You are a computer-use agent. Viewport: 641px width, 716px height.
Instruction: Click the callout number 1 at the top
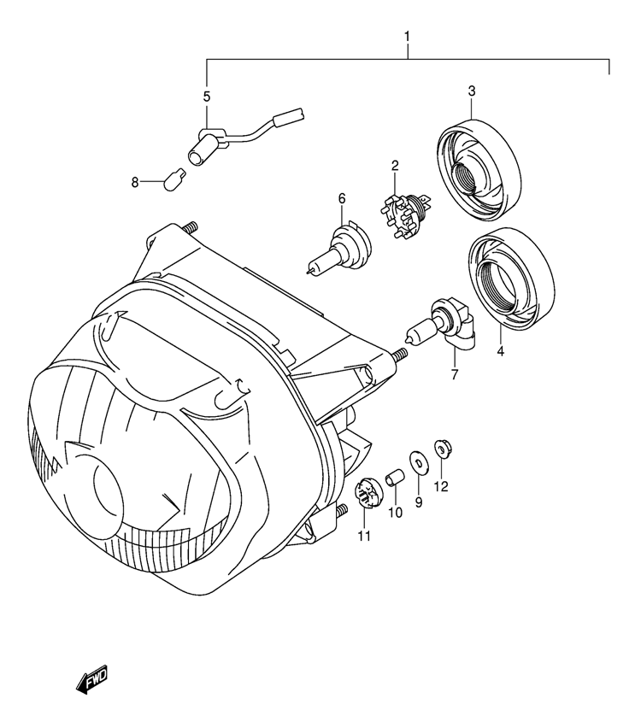(x=407, y=36)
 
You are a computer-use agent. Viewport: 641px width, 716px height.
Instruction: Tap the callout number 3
(x=472, y=91)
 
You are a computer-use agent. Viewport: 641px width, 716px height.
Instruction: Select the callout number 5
(x=207, y=97)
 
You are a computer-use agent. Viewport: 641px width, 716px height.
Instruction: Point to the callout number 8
(x=135, y=183)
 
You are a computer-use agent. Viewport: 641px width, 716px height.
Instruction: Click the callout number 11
(x=364, y=536)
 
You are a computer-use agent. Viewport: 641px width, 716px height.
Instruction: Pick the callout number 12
(x=441, y=487)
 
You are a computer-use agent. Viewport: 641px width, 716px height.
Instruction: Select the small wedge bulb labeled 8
(x=174, y=179)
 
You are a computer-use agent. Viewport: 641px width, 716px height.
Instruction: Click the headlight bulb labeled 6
(x=339, y=249)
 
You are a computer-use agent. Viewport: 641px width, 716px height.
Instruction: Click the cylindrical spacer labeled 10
(x=395, y=478)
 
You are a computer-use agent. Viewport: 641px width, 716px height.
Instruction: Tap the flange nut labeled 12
(x=441, y=449)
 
